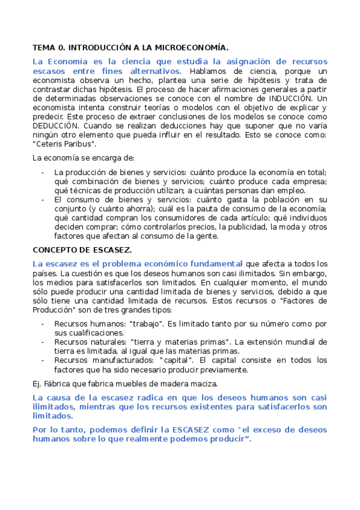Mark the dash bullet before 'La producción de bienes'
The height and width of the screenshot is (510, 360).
coord(42,173)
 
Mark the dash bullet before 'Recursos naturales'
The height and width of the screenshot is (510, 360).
coord(42,342)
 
